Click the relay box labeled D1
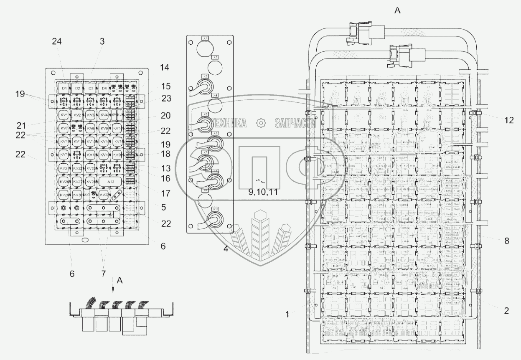click(x=64, y=89)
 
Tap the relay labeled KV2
click(x=76, y=115)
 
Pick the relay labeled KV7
click(x=64, y=128)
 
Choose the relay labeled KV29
click(x=64, y=195)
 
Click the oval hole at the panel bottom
click(x=85, y=240)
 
